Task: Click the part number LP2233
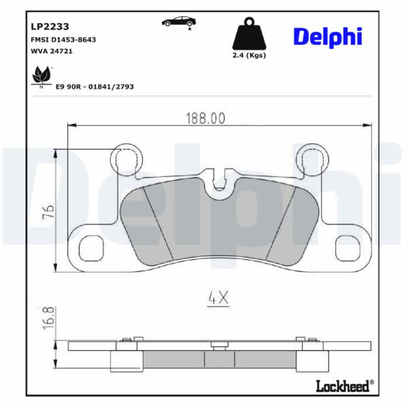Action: (50, 27)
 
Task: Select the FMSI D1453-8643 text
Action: (63, 39)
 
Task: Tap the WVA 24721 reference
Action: (52, 51)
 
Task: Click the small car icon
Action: (179, 22)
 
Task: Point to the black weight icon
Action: (249, 33)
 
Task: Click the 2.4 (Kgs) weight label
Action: (249, 55)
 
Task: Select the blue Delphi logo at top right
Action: (328, 37)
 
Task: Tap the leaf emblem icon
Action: (41, 76)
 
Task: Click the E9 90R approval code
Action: (95, 86)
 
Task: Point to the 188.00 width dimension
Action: (205, 118)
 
